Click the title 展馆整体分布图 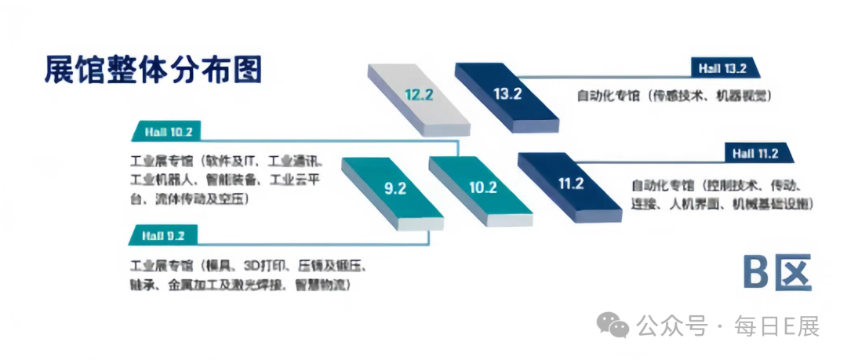pyautogui.click(x=153, y=71)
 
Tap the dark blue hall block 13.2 pyautogui.click(x=507, y=95)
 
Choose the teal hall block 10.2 pyautogui.click(x=482, y=187)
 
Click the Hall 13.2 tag pyautogui.click(x=722, y=68)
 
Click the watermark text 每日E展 pyautogui.click(x=776, y=325)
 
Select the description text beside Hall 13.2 pyautogui.click(x=674, y=96)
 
